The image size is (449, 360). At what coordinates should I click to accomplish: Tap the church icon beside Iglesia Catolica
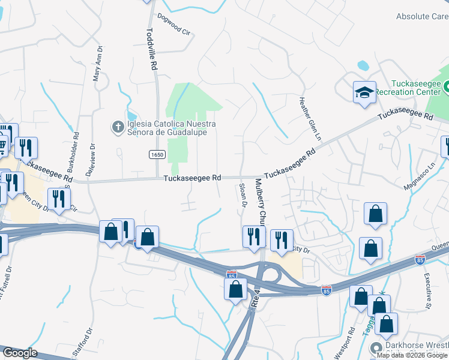[x=118, y=127]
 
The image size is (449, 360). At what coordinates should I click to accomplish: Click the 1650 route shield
[x=157, y=155]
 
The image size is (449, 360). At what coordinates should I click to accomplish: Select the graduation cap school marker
[x=364, y=92]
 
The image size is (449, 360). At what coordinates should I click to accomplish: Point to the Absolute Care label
[x=422, y=17]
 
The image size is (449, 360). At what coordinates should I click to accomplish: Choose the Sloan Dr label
[x=244, y=195]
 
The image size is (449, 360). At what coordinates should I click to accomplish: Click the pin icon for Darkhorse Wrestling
[x=376, y=347]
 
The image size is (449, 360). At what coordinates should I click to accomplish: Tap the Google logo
[x=20, y=353]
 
